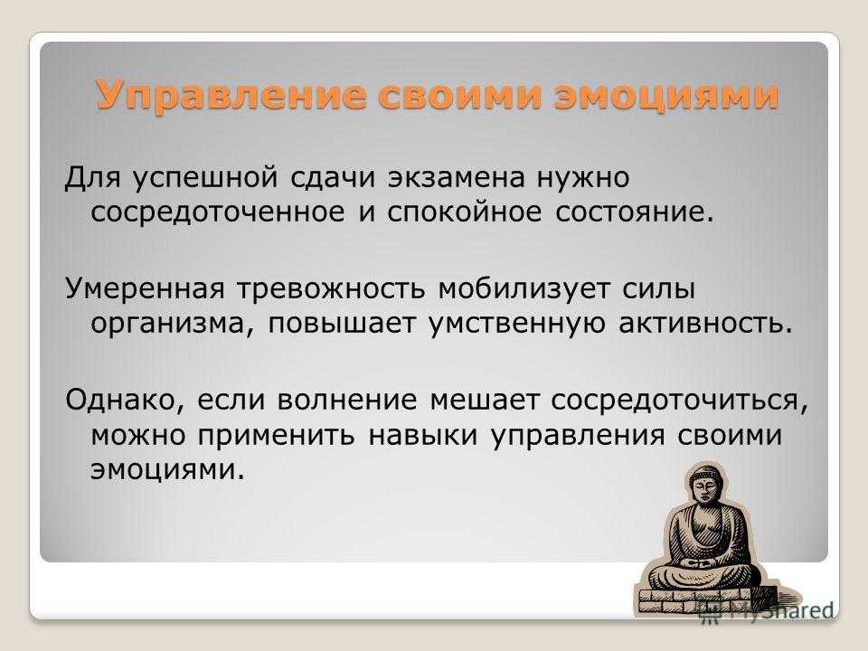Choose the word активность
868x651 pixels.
coord(704,324)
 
